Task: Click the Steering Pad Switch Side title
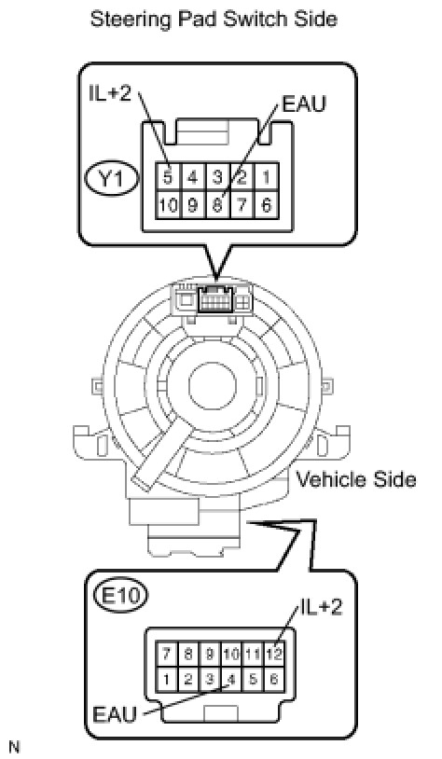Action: (214, 20)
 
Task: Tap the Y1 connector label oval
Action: (112, 179)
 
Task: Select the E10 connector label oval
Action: (120, 594)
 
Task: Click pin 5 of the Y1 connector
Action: (168, 176)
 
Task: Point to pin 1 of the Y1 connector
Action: (267, 176)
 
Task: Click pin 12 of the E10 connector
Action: (274, 655)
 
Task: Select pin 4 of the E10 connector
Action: (231, 679)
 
